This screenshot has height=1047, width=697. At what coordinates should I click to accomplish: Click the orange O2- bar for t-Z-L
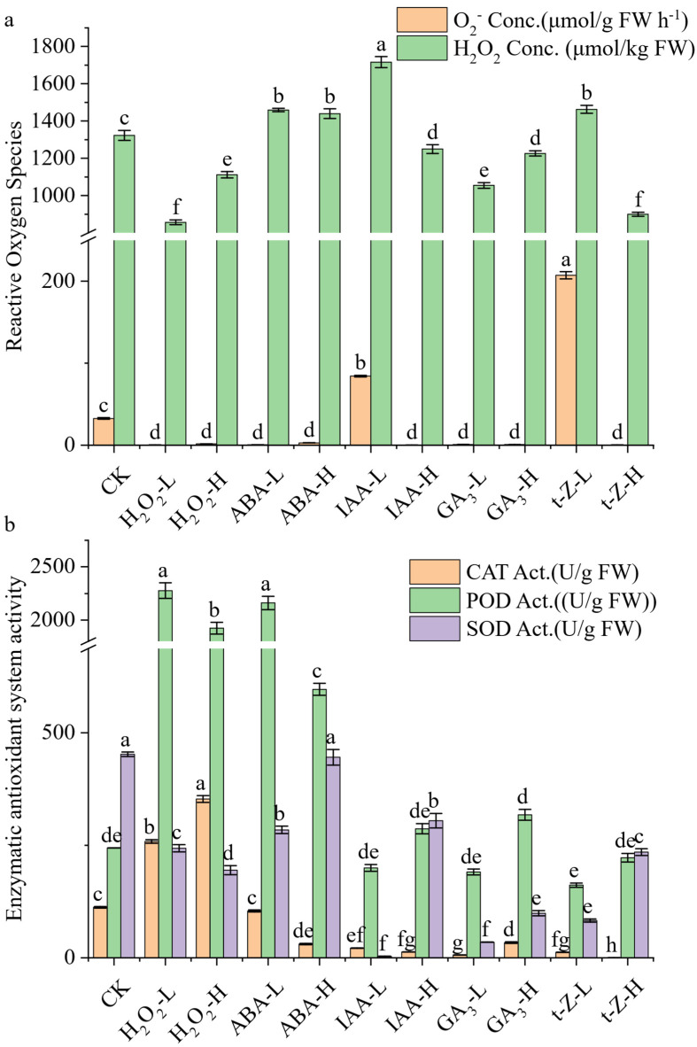tap(566, 360)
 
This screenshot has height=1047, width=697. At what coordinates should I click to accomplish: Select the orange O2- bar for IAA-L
tap(360, 411)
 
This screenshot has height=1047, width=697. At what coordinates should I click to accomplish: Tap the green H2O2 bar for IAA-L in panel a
tap(381, 253)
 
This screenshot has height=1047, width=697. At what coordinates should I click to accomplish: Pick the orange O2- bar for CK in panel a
tap(104, 431)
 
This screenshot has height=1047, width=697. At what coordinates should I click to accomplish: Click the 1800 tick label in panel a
tap(58, 47)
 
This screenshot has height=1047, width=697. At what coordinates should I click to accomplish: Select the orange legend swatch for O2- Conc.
tap(422, 20)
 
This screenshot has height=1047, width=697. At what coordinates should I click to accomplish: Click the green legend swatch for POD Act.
tap(435, 601)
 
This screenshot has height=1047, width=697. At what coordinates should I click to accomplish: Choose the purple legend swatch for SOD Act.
tap(435, 628)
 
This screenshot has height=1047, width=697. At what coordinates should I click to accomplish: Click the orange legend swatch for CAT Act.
tap(435, 572)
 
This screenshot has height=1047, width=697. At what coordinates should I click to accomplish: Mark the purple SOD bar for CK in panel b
tap(128, 856)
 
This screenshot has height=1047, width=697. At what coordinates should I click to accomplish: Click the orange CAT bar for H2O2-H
tap(203, 878)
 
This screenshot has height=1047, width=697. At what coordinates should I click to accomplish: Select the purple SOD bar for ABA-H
tap(333, 857)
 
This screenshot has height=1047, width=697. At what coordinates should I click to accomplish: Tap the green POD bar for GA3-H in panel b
tap(525, 886)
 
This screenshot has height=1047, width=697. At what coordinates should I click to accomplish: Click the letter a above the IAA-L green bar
tap(381, 45)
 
